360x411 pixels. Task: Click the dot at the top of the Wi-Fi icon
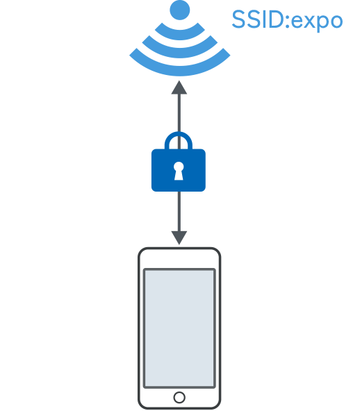180,10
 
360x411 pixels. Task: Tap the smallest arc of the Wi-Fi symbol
180,35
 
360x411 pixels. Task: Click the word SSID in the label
259,19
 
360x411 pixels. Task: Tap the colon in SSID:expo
288,21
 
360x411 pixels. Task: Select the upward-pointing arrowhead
179,87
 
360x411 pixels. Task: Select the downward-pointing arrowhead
179,237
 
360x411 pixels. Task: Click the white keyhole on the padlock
179,171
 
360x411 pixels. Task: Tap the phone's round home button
179,397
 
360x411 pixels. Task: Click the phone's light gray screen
179,328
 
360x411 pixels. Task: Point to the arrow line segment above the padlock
179,113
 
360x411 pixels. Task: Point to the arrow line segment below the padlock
179,211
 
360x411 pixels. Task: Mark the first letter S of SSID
239,19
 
